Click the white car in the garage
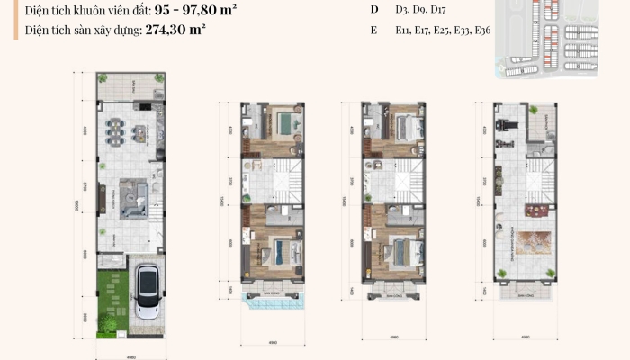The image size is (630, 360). point(148,294)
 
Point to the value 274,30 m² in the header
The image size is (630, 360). point(175,29)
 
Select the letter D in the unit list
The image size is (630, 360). point(373,9)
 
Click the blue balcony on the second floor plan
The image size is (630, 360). point(273,303)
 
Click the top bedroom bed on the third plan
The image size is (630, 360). point(404,123)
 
